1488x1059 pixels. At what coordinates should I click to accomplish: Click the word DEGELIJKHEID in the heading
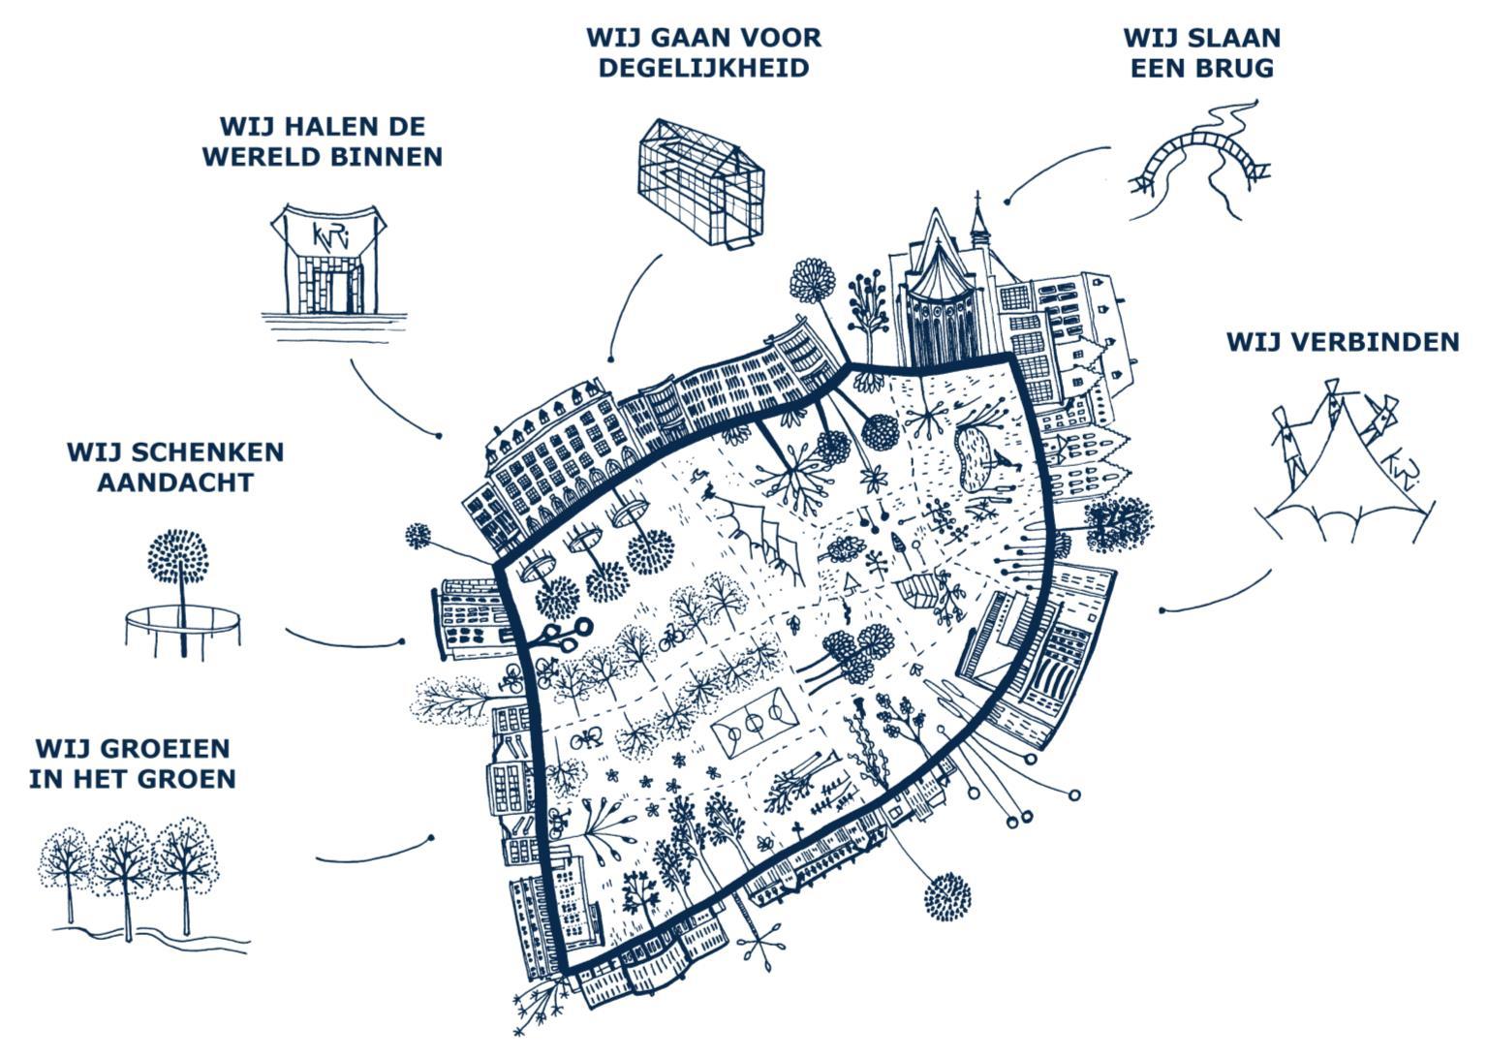point(703,68)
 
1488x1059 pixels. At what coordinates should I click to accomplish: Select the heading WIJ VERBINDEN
point(1342,342)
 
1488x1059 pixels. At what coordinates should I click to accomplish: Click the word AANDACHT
point(175,482)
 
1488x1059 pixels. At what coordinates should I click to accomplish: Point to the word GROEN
point(189,778)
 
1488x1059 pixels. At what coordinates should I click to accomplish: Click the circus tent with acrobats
point(1342,465)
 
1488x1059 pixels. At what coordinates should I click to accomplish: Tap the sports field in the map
point(757,728)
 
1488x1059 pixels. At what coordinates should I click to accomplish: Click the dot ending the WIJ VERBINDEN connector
point(1162,610)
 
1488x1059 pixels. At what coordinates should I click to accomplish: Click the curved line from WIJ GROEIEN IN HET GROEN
point(373,853)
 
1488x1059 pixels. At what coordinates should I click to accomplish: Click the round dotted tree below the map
point(946,896)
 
